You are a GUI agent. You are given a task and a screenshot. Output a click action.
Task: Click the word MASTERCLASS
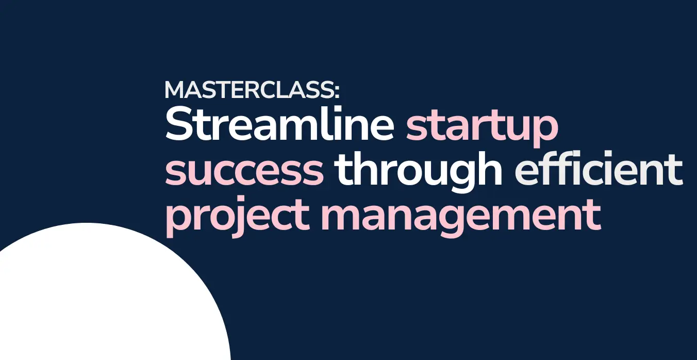pyautogui.click(x=250, y=90)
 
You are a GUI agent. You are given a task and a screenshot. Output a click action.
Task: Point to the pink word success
pyautogui.click(x=244, y=171)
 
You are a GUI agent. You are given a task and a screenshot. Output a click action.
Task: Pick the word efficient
pyautogui.click(x=599, y=168)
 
